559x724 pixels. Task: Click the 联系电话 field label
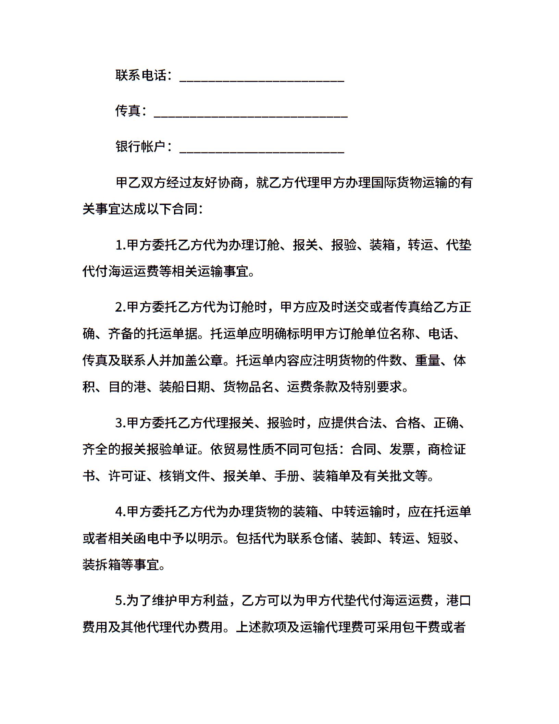point(141,75)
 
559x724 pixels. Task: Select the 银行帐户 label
point(141,146)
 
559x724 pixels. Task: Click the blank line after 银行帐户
point(262,151)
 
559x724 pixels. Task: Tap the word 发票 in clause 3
point(402,449)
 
